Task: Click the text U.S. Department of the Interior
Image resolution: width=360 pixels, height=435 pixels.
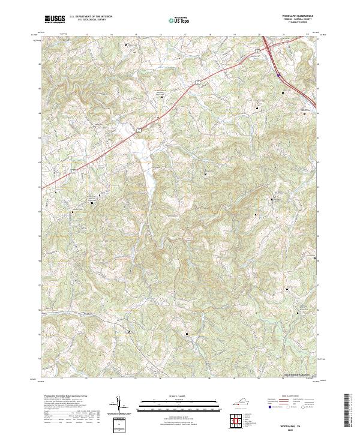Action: (90, 17)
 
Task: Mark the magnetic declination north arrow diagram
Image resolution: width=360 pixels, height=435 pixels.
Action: (119, 406)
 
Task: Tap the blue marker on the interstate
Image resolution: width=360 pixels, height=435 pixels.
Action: (279, 75)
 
